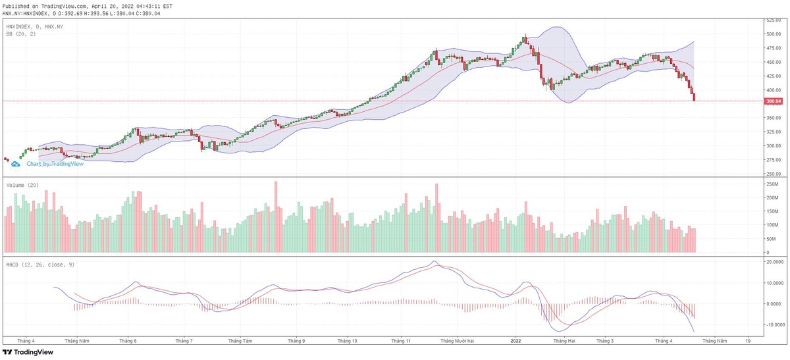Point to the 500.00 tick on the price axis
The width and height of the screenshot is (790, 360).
(x=773, y=34)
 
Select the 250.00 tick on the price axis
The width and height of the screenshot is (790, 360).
(x=773, y=174)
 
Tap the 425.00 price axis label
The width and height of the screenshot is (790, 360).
(x=773, y=76)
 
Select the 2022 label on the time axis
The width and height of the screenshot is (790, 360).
(x=516, y=342)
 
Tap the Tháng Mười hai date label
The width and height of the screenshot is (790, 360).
(x=457, y=342)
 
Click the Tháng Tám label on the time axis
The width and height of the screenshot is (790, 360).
(x=240, y=342)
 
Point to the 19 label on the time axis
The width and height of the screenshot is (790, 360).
(x=748, y=342)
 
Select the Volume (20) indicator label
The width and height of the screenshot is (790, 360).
(x=22, y=186)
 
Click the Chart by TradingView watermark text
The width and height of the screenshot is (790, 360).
(x=55, y=164)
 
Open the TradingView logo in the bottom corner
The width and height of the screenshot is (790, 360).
(x=31, y=352)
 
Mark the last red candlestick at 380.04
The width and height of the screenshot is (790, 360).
(x=694, y=98)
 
